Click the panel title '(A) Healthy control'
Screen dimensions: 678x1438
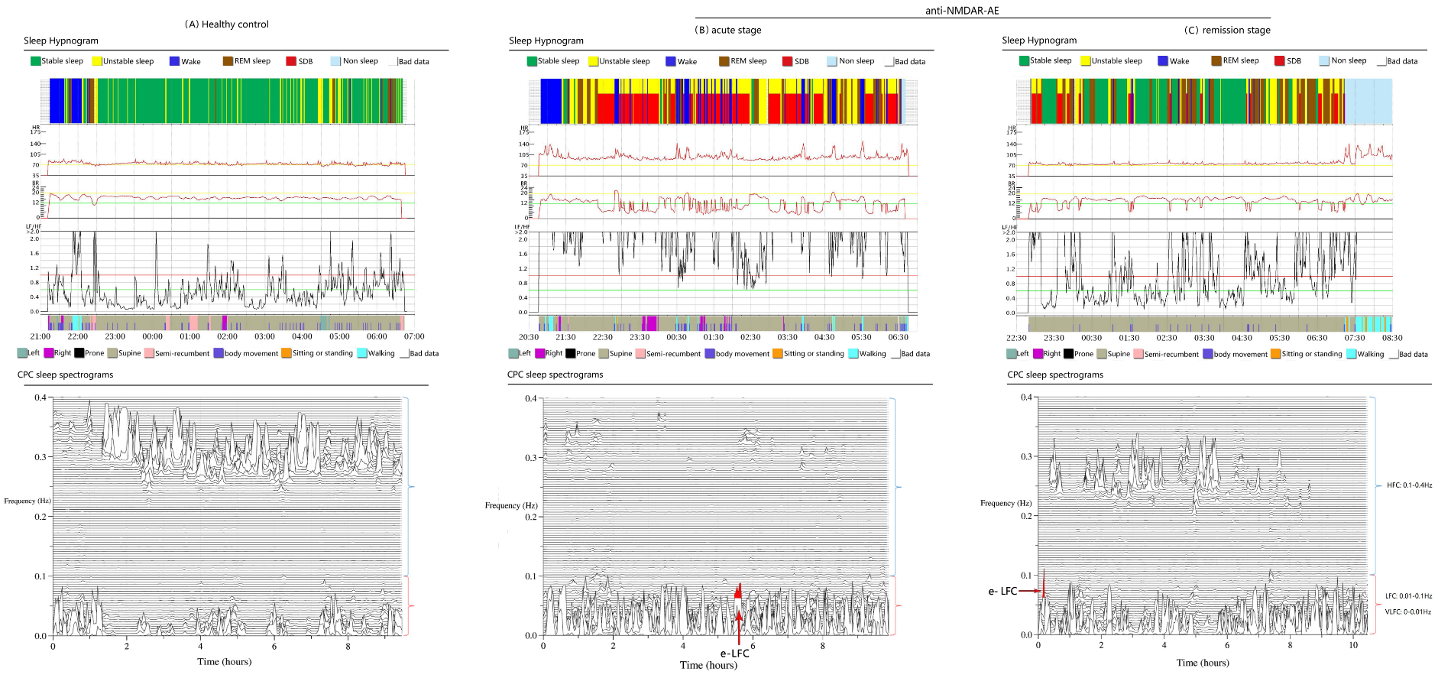[x=226, y=24]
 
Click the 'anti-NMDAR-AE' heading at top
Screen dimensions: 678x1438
[x=962, y=11]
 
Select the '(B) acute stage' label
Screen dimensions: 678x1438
[x=727, y=31]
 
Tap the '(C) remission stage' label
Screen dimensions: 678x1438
[x=1227, y=31]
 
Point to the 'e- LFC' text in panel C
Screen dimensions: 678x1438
[x=1002, y=591]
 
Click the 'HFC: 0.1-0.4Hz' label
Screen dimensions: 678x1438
[x=1409, y=485]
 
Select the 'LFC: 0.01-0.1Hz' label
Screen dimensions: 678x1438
[x=1408, y=596]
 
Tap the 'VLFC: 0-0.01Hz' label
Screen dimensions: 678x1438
[x=1408, y=611]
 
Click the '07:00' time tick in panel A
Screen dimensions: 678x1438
[x=414, y=336]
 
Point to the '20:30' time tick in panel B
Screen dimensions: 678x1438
[x=529, y=337]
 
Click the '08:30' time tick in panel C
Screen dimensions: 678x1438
[x=1392, y=338]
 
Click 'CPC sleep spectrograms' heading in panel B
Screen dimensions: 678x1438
[x=555, y=375]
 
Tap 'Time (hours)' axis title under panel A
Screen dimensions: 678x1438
[x=224, y=662]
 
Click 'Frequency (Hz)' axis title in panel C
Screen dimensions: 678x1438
[x=1006, y=503]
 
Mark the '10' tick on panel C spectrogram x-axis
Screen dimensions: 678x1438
[x=1353, y=646]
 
